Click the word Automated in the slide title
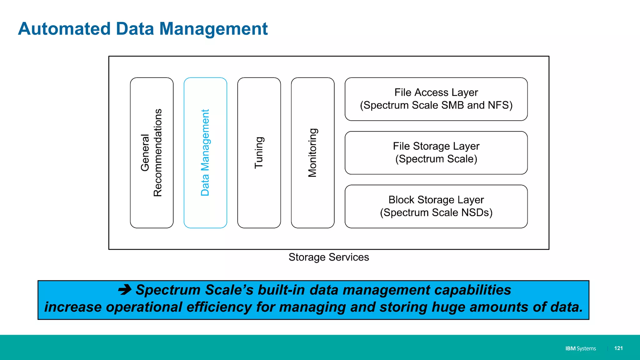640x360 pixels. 64,29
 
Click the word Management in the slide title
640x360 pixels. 213,29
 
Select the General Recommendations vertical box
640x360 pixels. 152,153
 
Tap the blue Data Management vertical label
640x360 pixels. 205,153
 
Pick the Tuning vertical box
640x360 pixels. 259,153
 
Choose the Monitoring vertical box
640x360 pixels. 312,153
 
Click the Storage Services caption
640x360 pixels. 329,257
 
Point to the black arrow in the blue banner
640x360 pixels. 125,290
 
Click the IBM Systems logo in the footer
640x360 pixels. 580,348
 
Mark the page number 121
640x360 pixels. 618,348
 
